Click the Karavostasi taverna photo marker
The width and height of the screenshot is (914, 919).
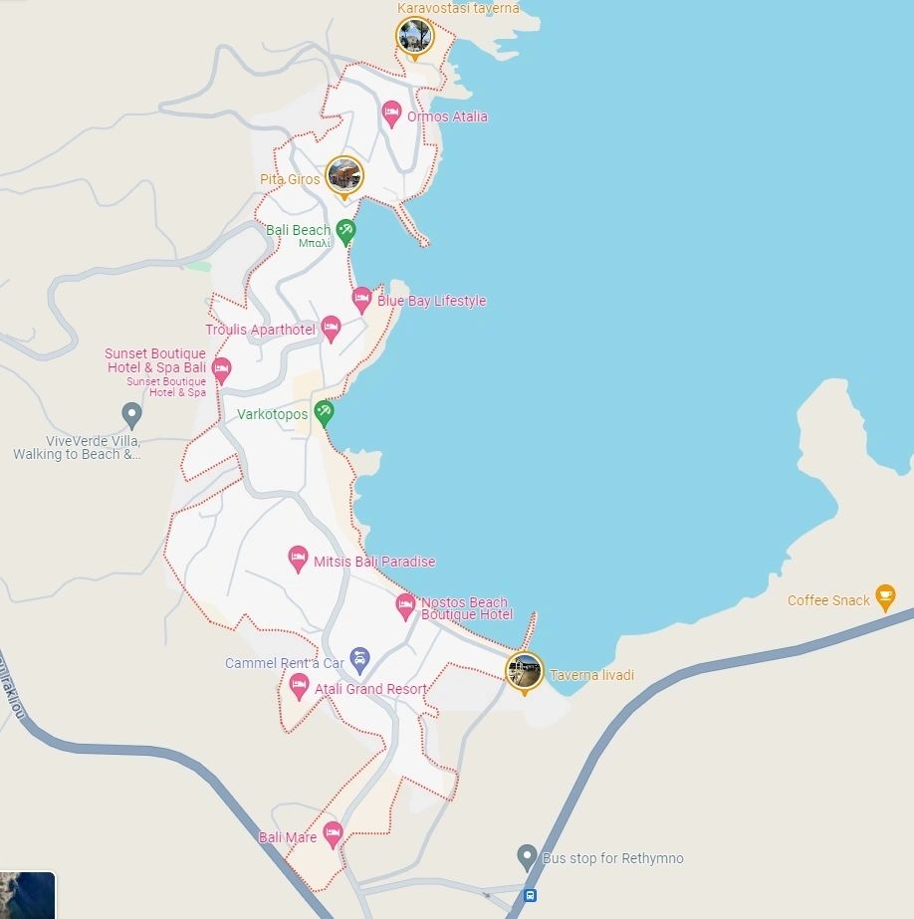(414, 36)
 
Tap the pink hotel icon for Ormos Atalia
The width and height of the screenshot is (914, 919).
(391, 113)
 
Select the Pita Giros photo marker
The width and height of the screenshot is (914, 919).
(344, 176)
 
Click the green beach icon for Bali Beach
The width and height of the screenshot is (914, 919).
(345, 231)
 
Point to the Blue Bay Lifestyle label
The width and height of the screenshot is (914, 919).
(431, 301)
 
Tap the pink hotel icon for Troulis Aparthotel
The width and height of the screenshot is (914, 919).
(331, 328)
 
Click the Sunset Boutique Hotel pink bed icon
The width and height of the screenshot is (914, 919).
(221, 369)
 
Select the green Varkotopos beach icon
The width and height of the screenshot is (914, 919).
(324, 412)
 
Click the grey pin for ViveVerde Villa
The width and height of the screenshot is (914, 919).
(131, 414)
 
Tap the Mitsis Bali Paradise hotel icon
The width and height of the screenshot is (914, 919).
(298, 559)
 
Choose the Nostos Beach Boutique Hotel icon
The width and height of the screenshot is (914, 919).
(405, 604)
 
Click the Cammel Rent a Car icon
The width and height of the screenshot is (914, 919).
(359, 658)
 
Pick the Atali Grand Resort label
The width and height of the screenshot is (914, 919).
(370, 689)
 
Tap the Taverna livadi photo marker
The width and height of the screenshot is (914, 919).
(524, 671)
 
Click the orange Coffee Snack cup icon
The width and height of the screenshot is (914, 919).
(884, 596)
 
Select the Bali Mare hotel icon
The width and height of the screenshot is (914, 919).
(333, 832)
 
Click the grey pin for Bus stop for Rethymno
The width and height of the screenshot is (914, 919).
(528, 856)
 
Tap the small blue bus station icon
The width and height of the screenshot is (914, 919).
(530, 895)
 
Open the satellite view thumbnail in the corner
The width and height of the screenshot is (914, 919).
(27, 895)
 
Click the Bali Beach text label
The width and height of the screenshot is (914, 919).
(298, 230)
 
